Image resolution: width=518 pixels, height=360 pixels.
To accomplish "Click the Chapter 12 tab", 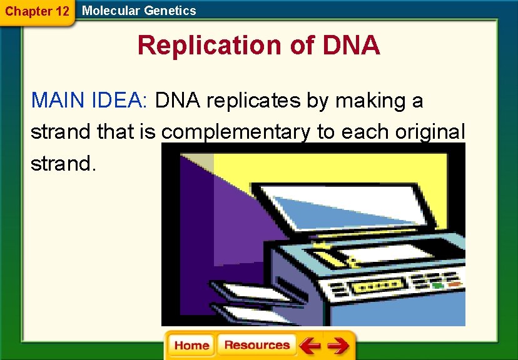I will coord(36,11).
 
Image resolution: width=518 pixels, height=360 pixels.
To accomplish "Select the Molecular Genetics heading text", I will coord(139,11).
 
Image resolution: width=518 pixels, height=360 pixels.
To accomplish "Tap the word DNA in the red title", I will coord(351,46).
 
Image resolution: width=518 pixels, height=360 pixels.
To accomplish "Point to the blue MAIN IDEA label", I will coord(88,100).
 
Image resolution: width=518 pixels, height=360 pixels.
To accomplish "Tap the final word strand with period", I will coord(63,164).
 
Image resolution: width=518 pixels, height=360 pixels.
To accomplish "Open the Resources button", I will coord(257,345).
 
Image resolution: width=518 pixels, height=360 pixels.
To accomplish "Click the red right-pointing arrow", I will coord(338,346).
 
